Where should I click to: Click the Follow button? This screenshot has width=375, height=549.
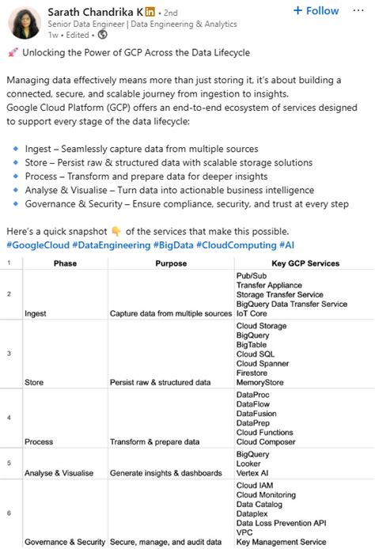(x=316, y=11)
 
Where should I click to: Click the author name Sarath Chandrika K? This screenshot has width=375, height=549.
(x=95, y=12)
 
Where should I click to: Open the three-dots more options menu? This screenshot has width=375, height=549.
(x=359, y=11)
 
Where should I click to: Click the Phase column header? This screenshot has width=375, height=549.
(x=65, y=263)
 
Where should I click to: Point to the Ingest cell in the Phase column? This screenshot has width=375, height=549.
(x=36, y=313)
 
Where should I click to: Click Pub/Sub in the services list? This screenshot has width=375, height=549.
(x=252, y=275)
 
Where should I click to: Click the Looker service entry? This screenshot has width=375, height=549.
(x=249, y=464)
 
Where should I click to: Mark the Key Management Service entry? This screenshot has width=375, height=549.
(x=281, y=542)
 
